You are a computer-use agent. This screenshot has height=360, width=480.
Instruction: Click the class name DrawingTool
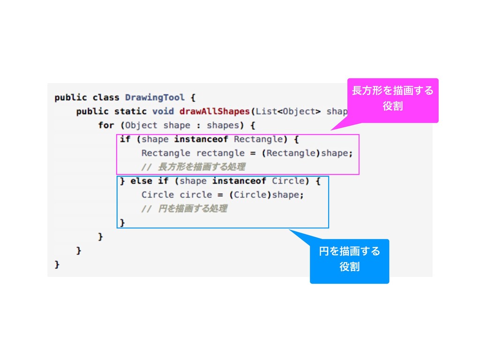(155, 97)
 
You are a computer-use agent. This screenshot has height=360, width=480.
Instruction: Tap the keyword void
(163, 112)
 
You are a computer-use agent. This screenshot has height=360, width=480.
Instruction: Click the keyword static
(130, 112)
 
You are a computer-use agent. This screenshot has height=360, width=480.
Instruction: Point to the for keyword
(106, 125)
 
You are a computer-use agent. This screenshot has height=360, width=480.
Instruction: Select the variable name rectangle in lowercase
(220, 153)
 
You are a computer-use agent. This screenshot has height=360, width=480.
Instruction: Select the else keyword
(141, 180)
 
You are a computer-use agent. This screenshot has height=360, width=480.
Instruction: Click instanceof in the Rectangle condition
(201, 139)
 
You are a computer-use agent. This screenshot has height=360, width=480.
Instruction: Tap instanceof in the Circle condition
(239, 180)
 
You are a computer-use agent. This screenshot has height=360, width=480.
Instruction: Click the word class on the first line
(106, 97)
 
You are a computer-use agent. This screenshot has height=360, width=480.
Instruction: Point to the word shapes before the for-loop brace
(223, 125)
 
